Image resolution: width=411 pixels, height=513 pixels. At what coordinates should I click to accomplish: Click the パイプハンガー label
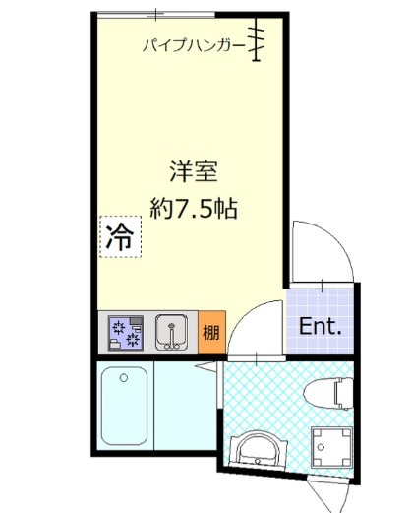click(193, 44)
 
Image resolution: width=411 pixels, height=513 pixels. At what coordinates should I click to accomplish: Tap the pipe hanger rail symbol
click(259, 41)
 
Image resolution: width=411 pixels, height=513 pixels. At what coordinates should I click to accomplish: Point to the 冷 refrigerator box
click(119, 236)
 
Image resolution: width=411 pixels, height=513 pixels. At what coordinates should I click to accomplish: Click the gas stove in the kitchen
click(124, 334)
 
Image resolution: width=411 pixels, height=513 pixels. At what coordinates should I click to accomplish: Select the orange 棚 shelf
click(211, 333)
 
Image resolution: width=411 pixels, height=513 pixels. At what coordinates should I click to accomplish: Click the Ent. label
click(320, 326)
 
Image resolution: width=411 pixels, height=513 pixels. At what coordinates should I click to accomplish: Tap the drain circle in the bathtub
click(126, 378)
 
